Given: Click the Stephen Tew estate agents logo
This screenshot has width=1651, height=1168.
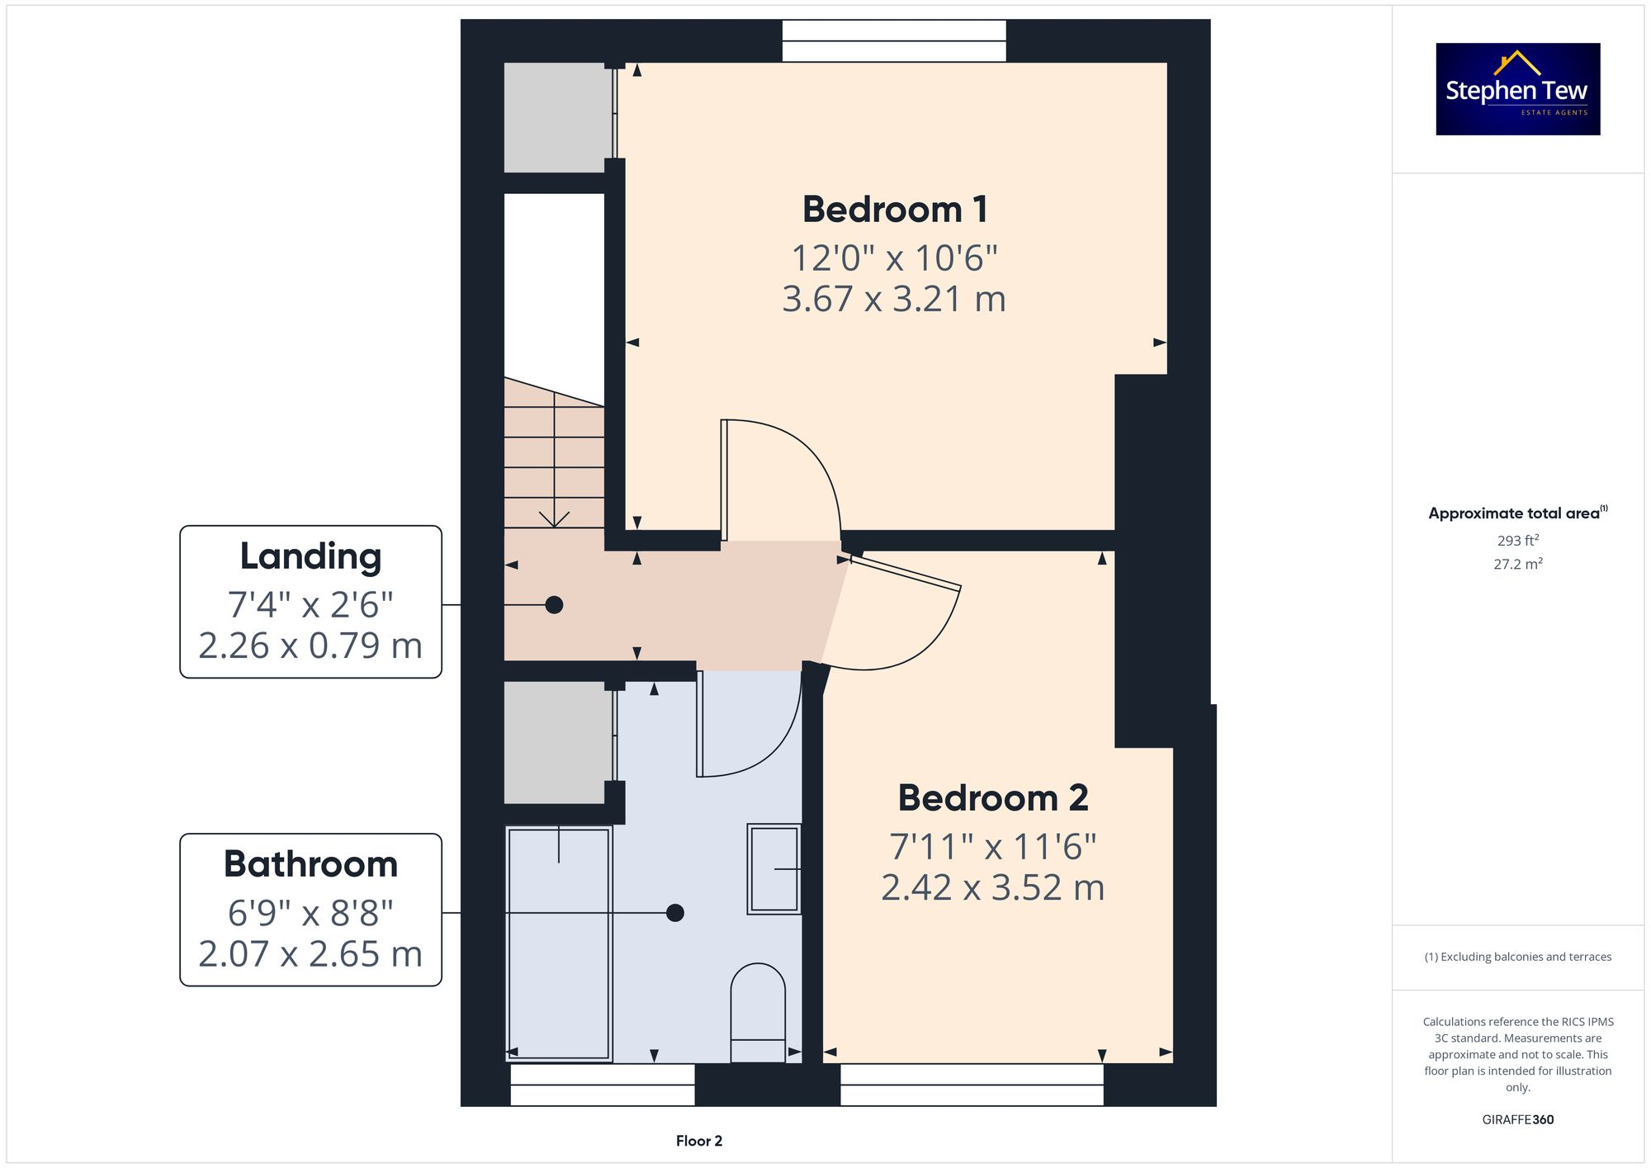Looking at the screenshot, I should pos(1517,89).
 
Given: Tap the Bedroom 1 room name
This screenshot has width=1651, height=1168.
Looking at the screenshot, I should pos(895,210).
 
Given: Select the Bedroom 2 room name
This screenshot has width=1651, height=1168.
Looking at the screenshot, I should pos(993,798).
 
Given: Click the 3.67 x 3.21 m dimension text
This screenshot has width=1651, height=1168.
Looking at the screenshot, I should pos(894,299).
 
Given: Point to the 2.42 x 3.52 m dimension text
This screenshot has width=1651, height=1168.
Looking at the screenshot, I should pos(992,888).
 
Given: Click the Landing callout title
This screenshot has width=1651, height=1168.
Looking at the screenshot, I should pos(310,556).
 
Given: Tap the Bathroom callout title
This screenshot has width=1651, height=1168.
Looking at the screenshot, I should pos(310,864).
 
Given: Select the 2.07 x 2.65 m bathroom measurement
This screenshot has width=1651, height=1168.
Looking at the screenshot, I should pos(310,954).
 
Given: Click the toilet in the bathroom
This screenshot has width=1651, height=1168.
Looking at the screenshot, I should pos(758,1012).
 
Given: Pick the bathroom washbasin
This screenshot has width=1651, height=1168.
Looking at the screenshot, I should pos(773,868).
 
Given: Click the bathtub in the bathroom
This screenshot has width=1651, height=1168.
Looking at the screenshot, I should pos(559,943).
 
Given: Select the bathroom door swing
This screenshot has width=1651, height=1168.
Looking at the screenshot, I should pos(747,726).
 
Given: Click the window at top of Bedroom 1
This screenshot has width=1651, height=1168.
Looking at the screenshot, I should pos(894,40).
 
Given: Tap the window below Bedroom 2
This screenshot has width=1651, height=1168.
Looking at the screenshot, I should pos(972,1085).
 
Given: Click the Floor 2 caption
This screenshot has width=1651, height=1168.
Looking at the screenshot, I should pos(698,1141).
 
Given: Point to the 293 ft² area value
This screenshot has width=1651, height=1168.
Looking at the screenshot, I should pos(1517,541).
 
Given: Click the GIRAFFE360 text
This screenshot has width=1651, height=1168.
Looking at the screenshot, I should pos(1517,1120).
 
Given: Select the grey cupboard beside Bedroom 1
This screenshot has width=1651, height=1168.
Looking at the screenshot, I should pos(557,117).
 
